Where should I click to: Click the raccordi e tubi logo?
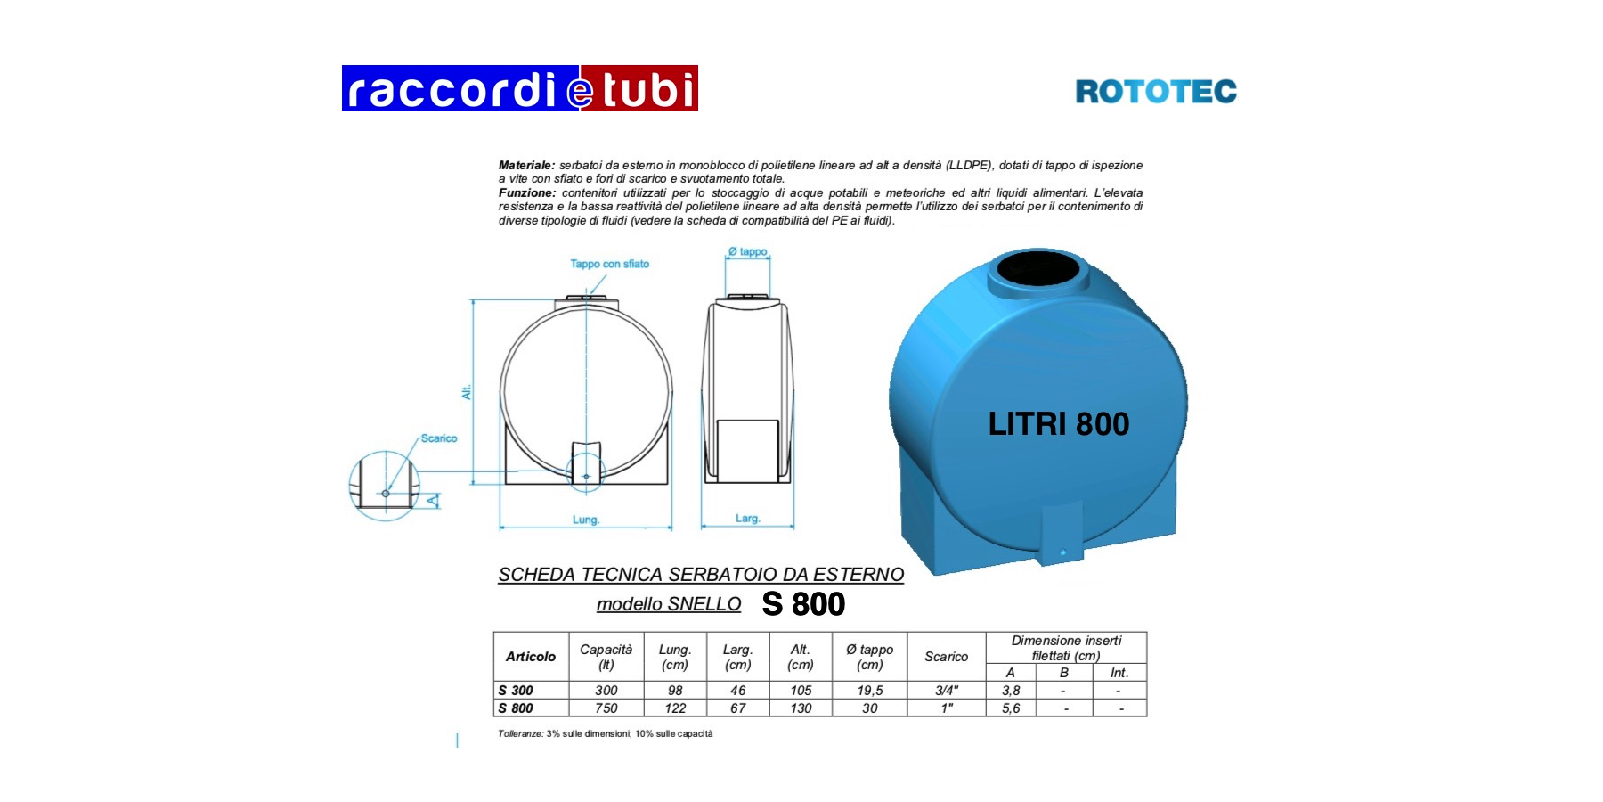[520, 88]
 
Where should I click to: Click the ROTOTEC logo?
[1156, 92]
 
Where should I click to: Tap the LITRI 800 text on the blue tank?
[1059, 424]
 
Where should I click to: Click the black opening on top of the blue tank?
[1037, 268]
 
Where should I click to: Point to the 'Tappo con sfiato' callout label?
[610, 264]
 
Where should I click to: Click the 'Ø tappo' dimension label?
[748, 252]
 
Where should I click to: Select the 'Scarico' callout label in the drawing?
[439, 438]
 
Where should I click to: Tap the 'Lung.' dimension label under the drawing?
[586, 520]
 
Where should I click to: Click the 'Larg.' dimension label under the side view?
[748, 519]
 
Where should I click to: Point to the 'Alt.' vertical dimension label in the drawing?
[466, 392]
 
